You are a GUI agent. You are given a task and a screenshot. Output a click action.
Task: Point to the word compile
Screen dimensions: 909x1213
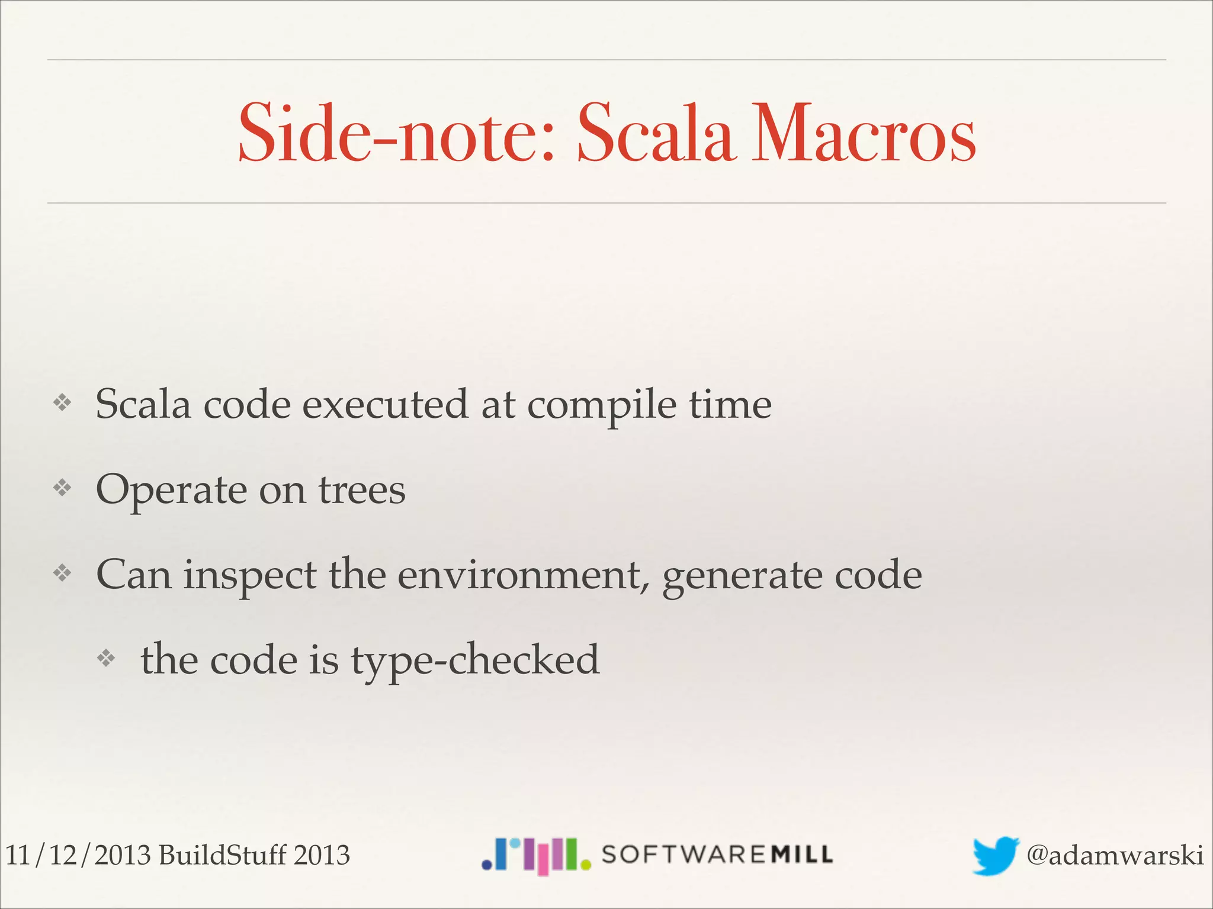[601, 406]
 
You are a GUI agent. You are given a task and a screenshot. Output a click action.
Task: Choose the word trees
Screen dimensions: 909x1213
[362, 491]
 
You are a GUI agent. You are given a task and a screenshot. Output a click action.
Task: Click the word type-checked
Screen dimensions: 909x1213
[475, 660]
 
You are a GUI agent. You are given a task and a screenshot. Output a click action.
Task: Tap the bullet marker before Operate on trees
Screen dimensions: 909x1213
[62, 488]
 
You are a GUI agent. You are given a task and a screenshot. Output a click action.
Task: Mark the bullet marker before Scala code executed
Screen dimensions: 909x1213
[62, 403]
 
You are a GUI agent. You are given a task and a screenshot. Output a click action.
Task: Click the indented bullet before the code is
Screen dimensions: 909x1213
[106, 658]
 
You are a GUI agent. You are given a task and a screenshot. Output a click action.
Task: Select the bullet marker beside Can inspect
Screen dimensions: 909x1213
[62, 573]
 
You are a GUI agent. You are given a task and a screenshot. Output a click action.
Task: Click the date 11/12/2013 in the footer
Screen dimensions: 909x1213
[78, 855]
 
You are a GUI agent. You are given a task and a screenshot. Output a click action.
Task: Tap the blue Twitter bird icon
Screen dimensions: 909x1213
[995, 855]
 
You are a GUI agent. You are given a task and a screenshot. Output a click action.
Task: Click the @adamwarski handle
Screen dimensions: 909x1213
[1115, 855]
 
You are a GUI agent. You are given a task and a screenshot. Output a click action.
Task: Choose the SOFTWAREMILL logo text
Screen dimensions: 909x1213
[717, 855]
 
